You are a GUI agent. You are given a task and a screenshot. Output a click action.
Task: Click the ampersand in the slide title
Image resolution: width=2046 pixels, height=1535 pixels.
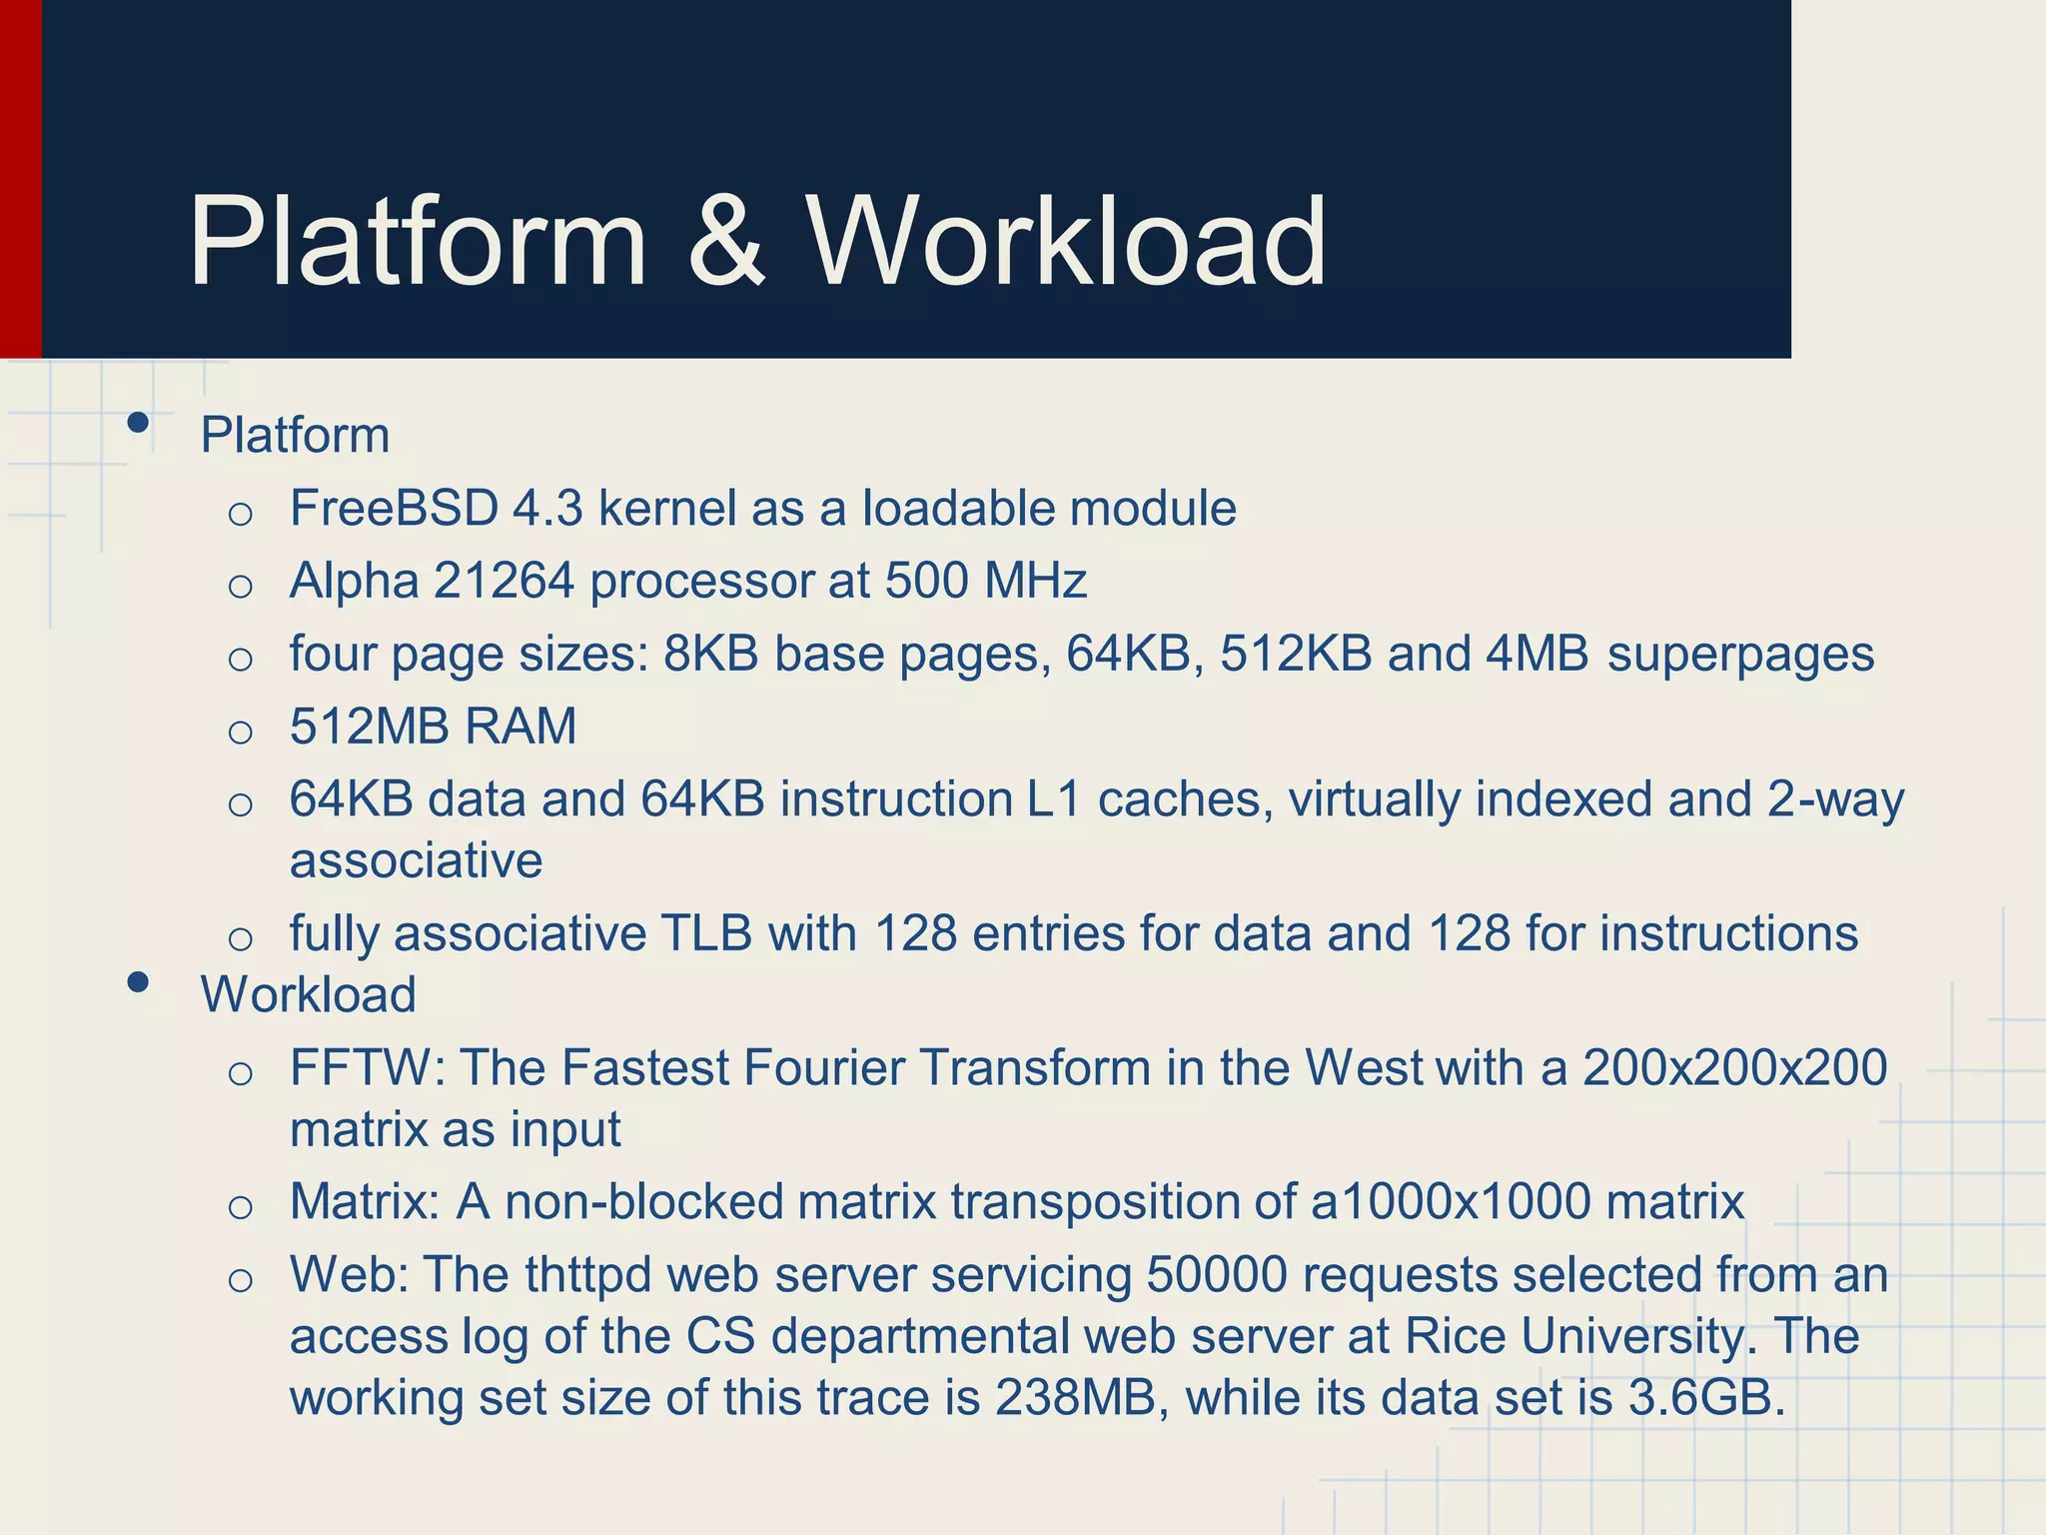tap(726, 242)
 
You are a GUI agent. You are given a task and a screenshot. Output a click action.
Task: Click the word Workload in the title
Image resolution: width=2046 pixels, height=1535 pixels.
tap(1066, 242)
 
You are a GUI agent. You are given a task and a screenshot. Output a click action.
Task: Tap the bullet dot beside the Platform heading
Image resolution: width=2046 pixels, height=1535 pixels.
tap(139, 423)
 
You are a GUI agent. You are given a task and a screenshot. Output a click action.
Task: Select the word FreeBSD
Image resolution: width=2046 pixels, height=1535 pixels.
tap(394, 508)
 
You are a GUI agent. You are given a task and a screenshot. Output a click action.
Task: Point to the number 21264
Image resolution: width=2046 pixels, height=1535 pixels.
tap(504, 581)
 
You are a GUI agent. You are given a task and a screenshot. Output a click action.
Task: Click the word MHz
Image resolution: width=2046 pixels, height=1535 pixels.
tap(1035, 581)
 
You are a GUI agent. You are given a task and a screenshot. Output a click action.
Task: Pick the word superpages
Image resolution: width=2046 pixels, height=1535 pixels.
tap(1740, 654)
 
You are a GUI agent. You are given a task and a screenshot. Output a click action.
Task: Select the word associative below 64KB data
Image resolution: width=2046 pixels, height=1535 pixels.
tap(416, 860)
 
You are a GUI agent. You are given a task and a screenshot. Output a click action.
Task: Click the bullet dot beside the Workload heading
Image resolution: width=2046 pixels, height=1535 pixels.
tap(139, 982)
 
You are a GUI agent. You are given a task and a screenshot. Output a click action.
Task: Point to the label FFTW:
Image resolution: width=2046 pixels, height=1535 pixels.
tap(367, 1067)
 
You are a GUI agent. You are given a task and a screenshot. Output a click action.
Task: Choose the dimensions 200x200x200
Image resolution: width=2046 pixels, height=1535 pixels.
tap(1734, 1067)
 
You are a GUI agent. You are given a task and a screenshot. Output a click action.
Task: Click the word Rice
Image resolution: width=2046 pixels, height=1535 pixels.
tap(1455, 1336)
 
